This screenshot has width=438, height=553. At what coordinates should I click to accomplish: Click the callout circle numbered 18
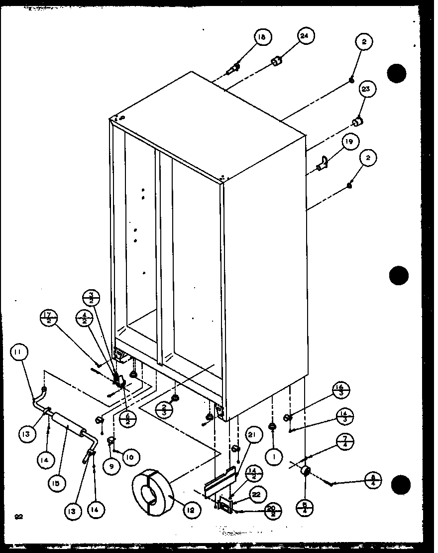tap(262, 37)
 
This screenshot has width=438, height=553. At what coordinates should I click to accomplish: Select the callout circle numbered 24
tap(305, 37)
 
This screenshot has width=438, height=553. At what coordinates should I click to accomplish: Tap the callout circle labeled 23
tap(366, 90)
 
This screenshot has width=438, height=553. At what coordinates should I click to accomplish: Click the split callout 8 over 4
tap(373, 480)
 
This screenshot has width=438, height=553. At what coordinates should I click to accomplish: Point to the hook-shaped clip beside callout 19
tap(323, 163)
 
